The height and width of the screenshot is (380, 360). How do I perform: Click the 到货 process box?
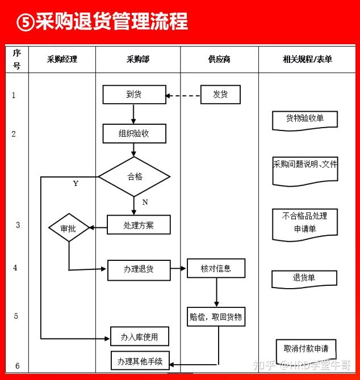coord(135,95)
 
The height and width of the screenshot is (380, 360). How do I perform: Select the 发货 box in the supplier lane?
coord(220,95)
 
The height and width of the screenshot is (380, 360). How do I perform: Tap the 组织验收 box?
coord(135,133)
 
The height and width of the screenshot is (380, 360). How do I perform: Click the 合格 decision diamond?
coord(134,176)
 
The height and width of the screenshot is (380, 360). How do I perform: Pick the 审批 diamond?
coord(69,227)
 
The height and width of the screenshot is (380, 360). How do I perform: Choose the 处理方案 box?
coord(139,225)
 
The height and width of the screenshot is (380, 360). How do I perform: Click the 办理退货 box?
coord(139,270)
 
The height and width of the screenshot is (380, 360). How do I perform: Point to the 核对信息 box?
coord(216,268)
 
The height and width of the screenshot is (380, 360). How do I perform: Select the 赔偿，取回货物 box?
coord(216,316)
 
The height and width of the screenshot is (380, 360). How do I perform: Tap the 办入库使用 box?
coord(140,336)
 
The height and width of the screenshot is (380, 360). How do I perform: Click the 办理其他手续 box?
coord(140,361)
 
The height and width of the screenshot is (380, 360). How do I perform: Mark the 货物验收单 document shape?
coord(305,121)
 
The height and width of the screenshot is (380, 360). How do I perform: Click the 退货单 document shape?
coord(304,280)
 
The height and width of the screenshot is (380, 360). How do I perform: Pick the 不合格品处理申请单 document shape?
coord(305,225)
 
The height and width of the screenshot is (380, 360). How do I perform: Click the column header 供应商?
coord(219,59)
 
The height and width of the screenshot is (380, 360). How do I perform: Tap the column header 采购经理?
coord(62,59)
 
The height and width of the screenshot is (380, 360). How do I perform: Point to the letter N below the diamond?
coord(145,202)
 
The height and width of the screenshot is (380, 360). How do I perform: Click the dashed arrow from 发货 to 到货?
coord(183,96)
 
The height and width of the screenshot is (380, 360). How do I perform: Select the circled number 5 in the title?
coord(26,22)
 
